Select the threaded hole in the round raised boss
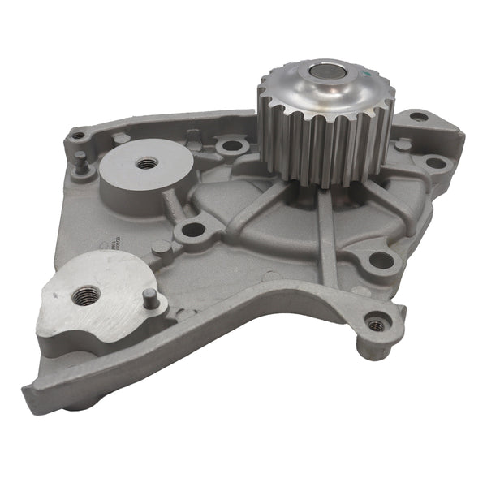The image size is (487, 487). coord(147,163)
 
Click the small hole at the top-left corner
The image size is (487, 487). coord(78,136)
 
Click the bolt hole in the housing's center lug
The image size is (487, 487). coord(192,230)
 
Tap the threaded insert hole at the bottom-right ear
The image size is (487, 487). coord(376,325)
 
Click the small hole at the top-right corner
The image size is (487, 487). coord(418,116)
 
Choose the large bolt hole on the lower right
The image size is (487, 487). coord(380,261)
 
